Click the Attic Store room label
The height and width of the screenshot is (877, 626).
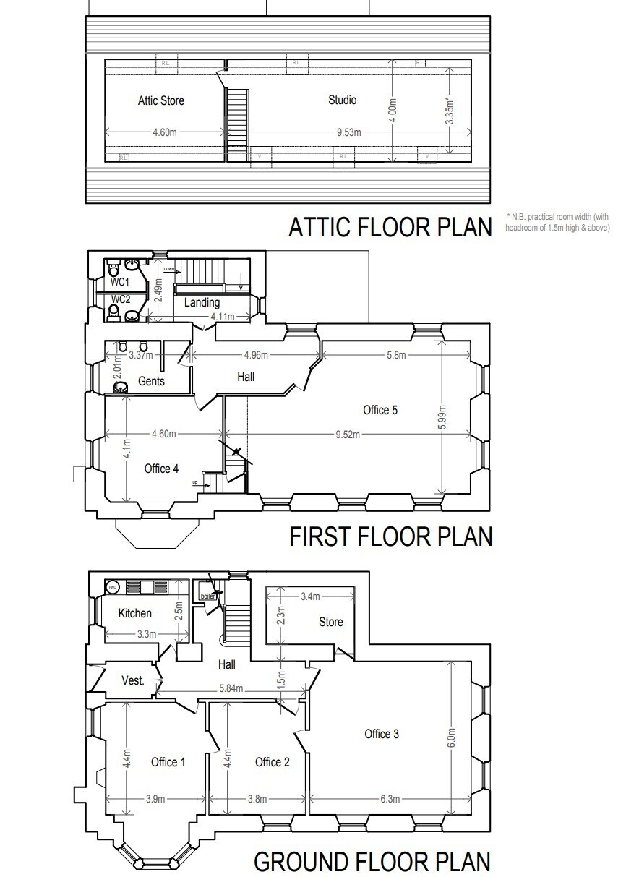tap(160, 100)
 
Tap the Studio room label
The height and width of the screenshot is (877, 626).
tap(342, 100)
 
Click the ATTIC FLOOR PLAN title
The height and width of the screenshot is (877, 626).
tap(390, 227)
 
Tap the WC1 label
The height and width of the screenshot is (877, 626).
tap(120, 281)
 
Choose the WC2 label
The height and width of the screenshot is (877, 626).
tap(120, 299)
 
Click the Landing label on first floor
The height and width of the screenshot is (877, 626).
tap(202, 302)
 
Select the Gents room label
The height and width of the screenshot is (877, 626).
tap(150, 381)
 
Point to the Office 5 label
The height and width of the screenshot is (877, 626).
tap(380, 410)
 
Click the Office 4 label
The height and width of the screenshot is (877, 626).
tap(161, 469)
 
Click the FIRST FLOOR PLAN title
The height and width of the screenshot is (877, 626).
tap(390, 536)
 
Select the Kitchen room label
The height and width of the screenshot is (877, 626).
tap(135, 613)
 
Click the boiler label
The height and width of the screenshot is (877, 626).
tap(207, 596)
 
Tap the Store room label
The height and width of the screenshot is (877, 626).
tap(331, 622)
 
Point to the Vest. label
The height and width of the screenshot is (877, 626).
tap(132, 680)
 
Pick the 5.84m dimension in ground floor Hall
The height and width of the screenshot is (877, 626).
tap(231, 688)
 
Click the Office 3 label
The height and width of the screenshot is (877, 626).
tap(381, 734)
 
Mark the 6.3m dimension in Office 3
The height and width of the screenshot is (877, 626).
tap(390, 799)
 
